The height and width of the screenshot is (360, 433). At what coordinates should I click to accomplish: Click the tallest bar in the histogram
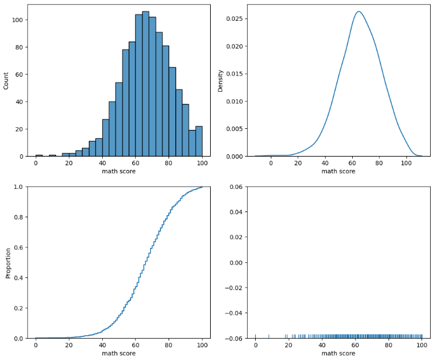145,84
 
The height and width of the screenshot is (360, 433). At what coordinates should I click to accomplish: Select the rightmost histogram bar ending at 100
199,142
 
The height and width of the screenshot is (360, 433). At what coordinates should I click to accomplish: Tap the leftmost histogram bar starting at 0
39,155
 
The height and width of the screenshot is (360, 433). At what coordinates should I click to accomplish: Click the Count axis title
6,81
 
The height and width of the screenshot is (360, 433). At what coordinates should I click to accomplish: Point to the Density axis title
220,81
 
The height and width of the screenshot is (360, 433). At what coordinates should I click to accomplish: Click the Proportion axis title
8,263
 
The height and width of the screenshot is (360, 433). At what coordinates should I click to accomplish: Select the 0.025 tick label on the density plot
235,19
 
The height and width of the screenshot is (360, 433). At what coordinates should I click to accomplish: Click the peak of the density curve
359,12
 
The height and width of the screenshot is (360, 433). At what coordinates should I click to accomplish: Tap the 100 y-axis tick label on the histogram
18,20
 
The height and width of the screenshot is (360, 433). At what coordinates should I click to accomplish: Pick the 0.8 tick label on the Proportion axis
19,217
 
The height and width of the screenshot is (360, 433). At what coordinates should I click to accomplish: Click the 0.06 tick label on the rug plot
237,187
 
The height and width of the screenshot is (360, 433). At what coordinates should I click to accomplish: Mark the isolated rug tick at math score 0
255,336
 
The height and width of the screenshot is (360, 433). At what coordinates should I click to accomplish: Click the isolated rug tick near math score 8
268,336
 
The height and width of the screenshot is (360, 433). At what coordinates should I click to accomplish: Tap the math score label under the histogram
119,171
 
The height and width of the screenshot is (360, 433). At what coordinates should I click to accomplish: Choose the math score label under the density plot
338,171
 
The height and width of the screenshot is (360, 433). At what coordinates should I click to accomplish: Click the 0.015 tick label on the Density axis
235,74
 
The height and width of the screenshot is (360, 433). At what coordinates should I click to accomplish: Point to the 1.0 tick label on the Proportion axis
19,187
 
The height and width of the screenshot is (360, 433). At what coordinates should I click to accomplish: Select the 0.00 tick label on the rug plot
237,262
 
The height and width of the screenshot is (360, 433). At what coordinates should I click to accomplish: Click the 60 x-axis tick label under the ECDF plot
135,345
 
